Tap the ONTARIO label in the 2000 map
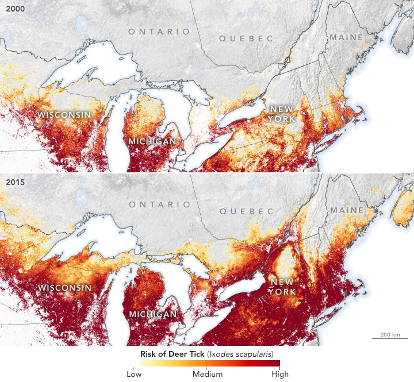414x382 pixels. pos(159,31)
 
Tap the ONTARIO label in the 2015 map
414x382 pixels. pos(159,204)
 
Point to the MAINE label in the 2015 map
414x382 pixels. pos(346,211)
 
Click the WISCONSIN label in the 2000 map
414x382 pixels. pos(64,115)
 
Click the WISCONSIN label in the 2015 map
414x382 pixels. pos(64,287)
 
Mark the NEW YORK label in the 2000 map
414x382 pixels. pos(282,114)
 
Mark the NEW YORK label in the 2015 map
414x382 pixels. pos(282,287)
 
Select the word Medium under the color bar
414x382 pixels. pos(207,373)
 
